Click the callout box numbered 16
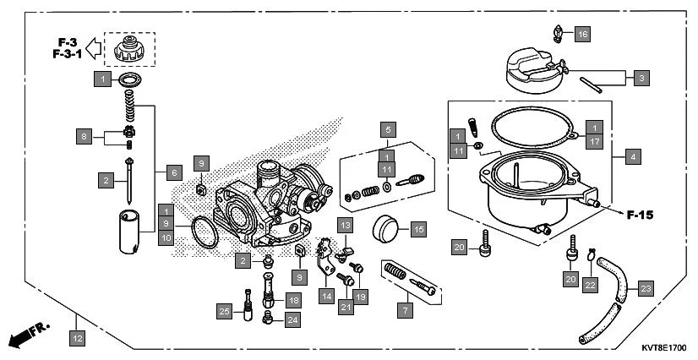pos(583,35)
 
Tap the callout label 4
pos(633,155)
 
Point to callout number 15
pos(418,228)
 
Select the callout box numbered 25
pos(224,312)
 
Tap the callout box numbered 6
pos(173,172)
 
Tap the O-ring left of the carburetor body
pos(204,232)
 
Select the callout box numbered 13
pos(345,224)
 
